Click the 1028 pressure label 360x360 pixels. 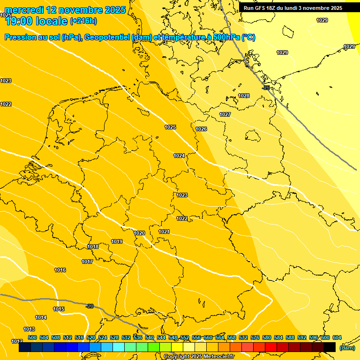pyautogui.click(x=244, y=96)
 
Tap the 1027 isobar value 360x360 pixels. pyautogui.click(x=225, y=114)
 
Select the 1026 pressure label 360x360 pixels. pyautogui.click(x=201, y=129)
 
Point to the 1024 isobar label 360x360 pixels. pyautogui.click(x=179, y=156)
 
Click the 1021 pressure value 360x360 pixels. pyautogui.click(x=164, y=232)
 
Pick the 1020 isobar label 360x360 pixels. pyautogui.click(x=139, y=233)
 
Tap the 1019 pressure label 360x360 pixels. pyautogui.click(x=117, y=241)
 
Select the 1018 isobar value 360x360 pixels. pyautogui.click(x=93, y=247)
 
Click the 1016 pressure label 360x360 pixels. pyautogui.click(x=60, y=270)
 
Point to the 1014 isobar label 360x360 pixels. pyautogui.click(x=41, y=317)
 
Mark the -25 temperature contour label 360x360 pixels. pyautogui.click(x=266, y=88)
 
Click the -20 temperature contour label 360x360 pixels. pyautogui.click(x=90, y=306)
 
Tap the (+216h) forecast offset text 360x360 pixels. pyautogui.click(x=83, y=21)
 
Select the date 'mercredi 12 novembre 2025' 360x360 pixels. pyautogui.click(x=65, y=10)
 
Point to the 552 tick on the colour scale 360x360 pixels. pyautogui.click(x=185, y=337)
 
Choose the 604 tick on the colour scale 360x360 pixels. pyautogui.click(x=337, y=337)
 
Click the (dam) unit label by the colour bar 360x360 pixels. pyautogui.click(x=346, y=348)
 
